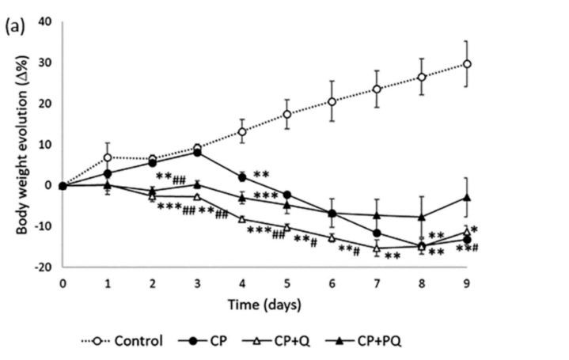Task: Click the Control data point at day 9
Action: click(x=468, y=64)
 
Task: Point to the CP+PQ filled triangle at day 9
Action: click(x=468, y=197)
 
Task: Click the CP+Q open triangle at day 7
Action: click(x=377, y=248)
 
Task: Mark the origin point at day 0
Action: click(x=62, y=185)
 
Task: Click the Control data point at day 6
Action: click(x=332, y=101)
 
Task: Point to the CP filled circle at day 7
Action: click(x=377, y=233)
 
